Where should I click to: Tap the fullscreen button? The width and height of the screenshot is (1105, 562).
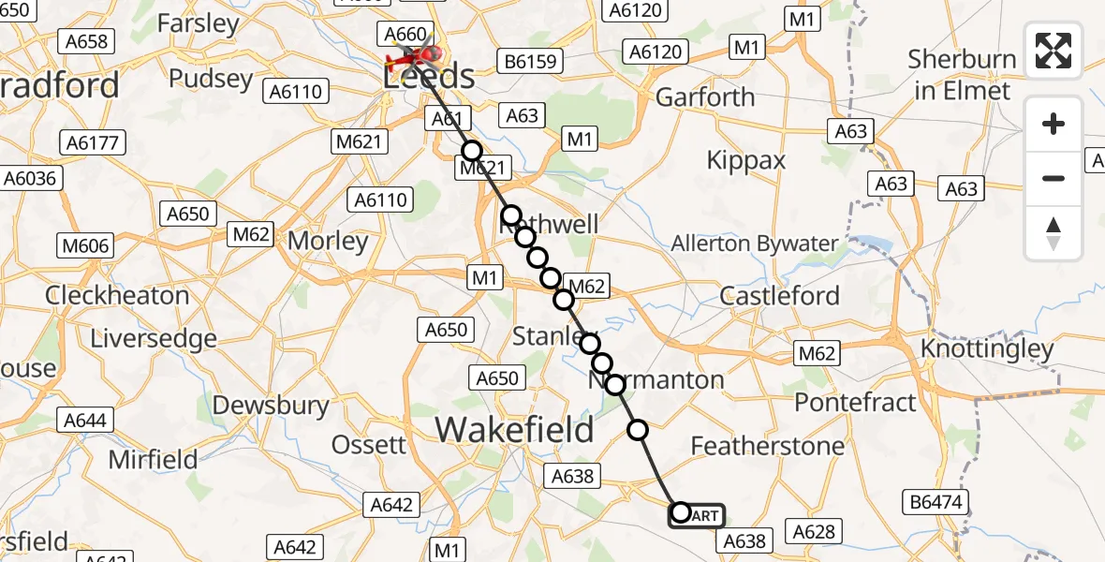coord(1053,51)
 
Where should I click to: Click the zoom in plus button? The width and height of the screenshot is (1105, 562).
coord(1053,124)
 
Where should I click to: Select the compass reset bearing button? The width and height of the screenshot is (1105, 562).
coord(1053,233)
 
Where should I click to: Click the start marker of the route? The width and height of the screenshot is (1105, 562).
coord(681,512)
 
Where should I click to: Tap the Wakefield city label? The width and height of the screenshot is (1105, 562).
coord(514,430)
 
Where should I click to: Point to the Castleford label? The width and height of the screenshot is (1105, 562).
coord(780,296)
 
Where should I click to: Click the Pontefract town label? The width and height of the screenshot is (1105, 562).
coord(855,403)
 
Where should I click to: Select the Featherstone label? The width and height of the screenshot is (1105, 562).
coord(767,446)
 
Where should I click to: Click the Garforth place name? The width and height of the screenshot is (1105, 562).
coord(705,97)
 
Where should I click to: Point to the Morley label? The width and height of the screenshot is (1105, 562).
coord(328,241)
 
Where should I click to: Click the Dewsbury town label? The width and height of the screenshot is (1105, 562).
coord(271,406)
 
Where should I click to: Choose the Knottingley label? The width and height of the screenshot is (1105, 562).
coord(987,349)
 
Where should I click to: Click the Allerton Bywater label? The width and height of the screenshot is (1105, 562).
coord(755,244)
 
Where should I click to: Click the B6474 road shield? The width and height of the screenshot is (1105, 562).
coord(936,503)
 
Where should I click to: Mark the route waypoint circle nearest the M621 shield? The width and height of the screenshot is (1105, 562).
coord(471,151)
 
